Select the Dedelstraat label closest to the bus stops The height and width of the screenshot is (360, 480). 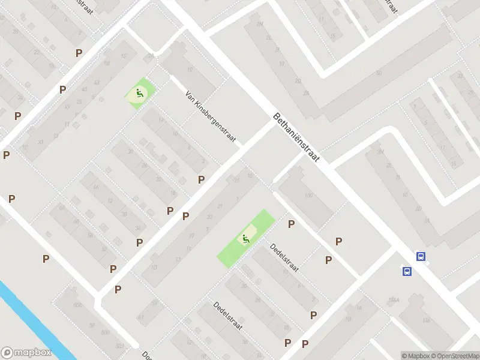coord(284,257)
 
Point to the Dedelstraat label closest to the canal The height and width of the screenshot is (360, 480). coord(228,316)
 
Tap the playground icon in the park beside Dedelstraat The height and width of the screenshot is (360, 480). coord(246,239)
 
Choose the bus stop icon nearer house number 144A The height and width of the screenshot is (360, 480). coord(407,271)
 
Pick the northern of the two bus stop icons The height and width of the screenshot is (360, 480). coord(421,256)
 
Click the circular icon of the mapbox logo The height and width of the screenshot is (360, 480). coord(8,352)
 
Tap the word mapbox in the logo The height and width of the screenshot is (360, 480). coord(32,353)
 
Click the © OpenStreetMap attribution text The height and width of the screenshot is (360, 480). coord(455,356)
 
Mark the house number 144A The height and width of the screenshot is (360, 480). coord(393,300)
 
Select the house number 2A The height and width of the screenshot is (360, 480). coord(151,57)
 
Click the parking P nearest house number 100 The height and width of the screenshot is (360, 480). coord(292,224)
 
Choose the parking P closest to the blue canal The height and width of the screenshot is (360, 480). coord(46,259)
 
